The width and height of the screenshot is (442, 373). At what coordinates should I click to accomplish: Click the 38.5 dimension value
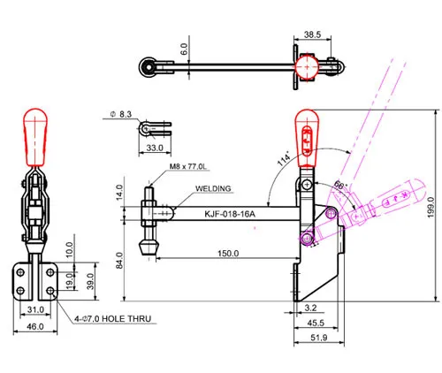tap(312, 34)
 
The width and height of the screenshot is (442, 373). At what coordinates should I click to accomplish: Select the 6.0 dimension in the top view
tap(184, 49)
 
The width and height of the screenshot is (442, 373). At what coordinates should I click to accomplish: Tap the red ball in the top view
tap(307, 67)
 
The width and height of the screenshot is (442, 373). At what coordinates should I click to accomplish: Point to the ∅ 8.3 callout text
tap(121, 114)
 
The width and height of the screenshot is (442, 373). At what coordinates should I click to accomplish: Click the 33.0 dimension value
tap(155, 148)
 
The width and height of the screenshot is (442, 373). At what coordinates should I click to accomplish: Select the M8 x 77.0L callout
tap(187, 166)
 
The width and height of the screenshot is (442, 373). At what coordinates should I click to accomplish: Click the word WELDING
tap(213, 188)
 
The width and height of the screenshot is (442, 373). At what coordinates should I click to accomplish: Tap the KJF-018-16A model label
tap(230, 214)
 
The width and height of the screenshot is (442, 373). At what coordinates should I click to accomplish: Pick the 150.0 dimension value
tap(228, 254)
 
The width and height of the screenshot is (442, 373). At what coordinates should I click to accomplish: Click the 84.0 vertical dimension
tap(119, 261)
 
